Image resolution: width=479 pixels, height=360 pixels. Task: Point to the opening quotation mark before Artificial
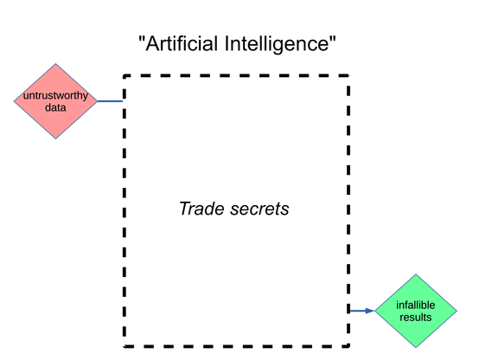[x=142, y=38]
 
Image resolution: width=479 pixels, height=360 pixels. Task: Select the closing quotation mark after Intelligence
[x=332, y=38]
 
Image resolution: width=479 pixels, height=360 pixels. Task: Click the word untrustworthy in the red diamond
[x=55, y=96]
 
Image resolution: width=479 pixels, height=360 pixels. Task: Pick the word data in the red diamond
[x=55, y=107]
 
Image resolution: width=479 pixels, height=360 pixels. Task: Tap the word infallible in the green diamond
[x=416, y=305]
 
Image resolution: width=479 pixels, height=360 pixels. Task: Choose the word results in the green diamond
[x=416, y=318]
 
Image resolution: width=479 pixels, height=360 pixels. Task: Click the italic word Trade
[x=202, y=209]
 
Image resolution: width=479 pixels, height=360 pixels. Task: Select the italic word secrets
[x=259, y=209]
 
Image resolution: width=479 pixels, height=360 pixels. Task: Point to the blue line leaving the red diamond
[x=110, y=101]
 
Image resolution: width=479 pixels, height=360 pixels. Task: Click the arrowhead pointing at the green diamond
[x=370, y=311]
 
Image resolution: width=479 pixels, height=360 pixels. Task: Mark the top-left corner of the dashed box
[x=125, y=75]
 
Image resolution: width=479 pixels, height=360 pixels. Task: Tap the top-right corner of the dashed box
[x=348, y=75]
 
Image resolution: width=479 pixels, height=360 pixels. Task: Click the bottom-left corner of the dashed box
[x=125, y=346]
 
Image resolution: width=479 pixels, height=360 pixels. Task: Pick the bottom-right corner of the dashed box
[x=348, y=346]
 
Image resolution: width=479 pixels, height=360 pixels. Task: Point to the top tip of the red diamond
[x=55, y=64]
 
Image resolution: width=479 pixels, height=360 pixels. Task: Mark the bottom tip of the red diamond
[x=55, y=138]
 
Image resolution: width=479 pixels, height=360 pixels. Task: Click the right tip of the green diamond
[x=457, y=311]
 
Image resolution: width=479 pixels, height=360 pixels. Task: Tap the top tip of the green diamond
[x=416, y=274]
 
